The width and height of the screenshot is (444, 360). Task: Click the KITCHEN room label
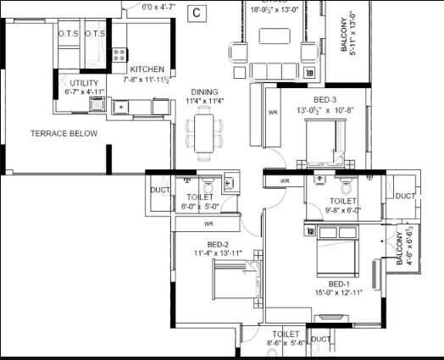tap(147, 69)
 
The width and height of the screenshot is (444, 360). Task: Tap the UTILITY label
tap(84, 83)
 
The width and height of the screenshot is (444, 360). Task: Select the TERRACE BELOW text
tap(64, 134)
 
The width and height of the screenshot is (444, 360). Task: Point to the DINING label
tap(204, 92)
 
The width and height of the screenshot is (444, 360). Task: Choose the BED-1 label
tap(340, 284)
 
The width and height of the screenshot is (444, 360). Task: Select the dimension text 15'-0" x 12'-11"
tap(340, 293)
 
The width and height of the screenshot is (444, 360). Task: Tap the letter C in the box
tap(197, 12)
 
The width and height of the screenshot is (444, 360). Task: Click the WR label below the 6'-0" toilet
tap(208, 224)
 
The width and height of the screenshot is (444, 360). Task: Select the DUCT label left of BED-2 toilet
tap(158, 190)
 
